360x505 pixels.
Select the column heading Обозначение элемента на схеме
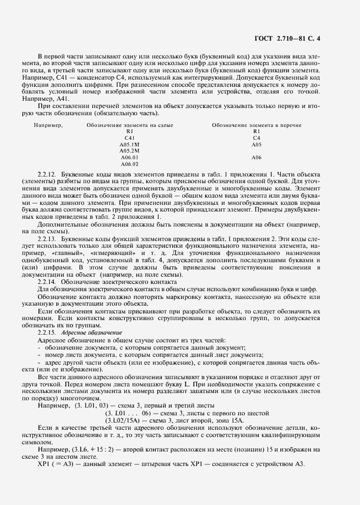(x=130, y=125)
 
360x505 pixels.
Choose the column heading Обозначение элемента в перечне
(x=256, y=125)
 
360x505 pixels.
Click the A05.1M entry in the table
(x=130, y=144)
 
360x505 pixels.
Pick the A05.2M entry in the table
(x=130, y=150)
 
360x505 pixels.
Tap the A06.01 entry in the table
(x=130, y=158)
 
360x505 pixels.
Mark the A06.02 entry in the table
(x=130, y=164)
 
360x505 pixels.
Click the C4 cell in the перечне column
(x=256, y=138)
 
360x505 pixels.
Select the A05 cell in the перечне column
(x=256, y=144)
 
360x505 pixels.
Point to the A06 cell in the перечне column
(x=256, y=158)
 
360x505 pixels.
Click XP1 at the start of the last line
(x=44, y=464)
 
